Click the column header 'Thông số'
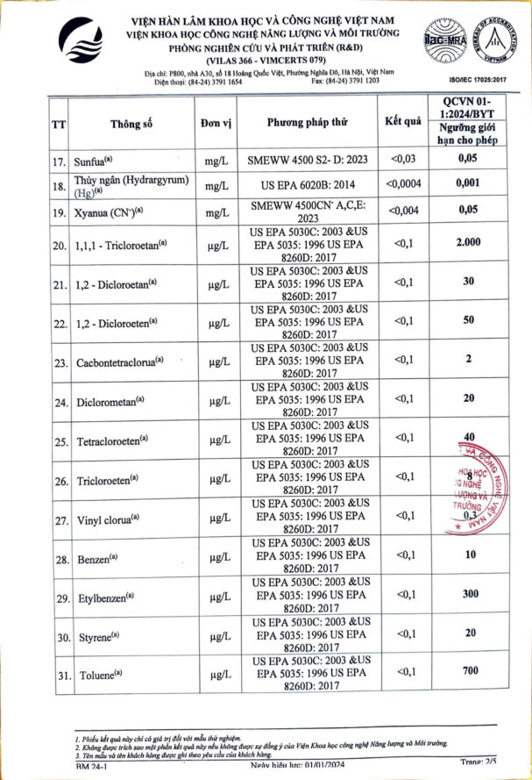132,123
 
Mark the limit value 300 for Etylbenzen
471,594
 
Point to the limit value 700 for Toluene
471,671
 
